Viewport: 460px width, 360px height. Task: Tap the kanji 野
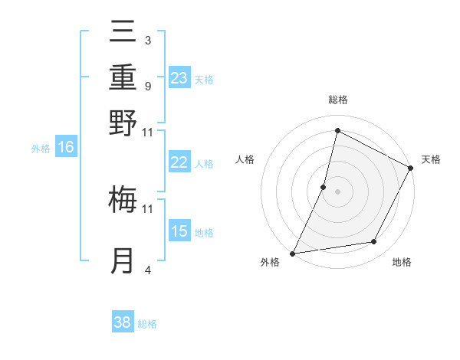tap(123, 123)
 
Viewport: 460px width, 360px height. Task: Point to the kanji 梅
tap(123, 199)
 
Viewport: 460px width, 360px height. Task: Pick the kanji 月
tap(123, 260)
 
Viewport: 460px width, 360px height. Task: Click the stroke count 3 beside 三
tap(147, 40)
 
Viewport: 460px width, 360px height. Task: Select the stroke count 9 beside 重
tap(147, 86)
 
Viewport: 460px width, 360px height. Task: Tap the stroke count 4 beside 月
tap(147, 270)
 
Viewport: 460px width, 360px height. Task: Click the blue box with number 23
tap(179, 77)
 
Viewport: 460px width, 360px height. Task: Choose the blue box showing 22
tap(179, 162)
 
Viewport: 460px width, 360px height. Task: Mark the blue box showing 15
tap(179, 231)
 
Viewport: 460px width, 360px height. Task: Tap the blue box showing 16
tap(66, 147)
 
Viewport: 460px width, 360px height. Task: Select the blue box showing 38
tap(123, 322)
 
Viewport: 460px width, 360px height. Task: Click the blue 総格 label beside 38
tap(148, 324)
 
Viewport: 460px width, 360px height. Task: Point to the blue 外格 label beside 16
tap(41, 149)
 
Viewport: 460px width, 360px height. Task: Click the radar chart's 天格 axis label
tap(431, 159)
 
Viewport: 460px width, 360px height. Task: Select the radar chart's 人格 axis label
tap(245, 159)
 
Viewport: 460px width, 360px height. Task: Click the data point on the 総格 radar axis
tap(337, 131)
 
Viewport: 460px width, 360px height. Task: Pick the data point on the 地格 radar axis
tap(374, 242)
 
